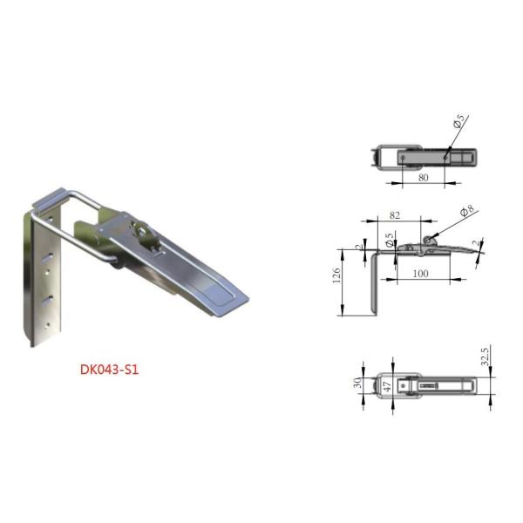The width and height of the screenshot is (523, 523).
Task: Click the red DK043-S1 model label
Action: (109, 369)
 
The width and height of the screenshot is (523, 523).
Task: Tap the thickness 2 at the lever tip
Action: (475, 244)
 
